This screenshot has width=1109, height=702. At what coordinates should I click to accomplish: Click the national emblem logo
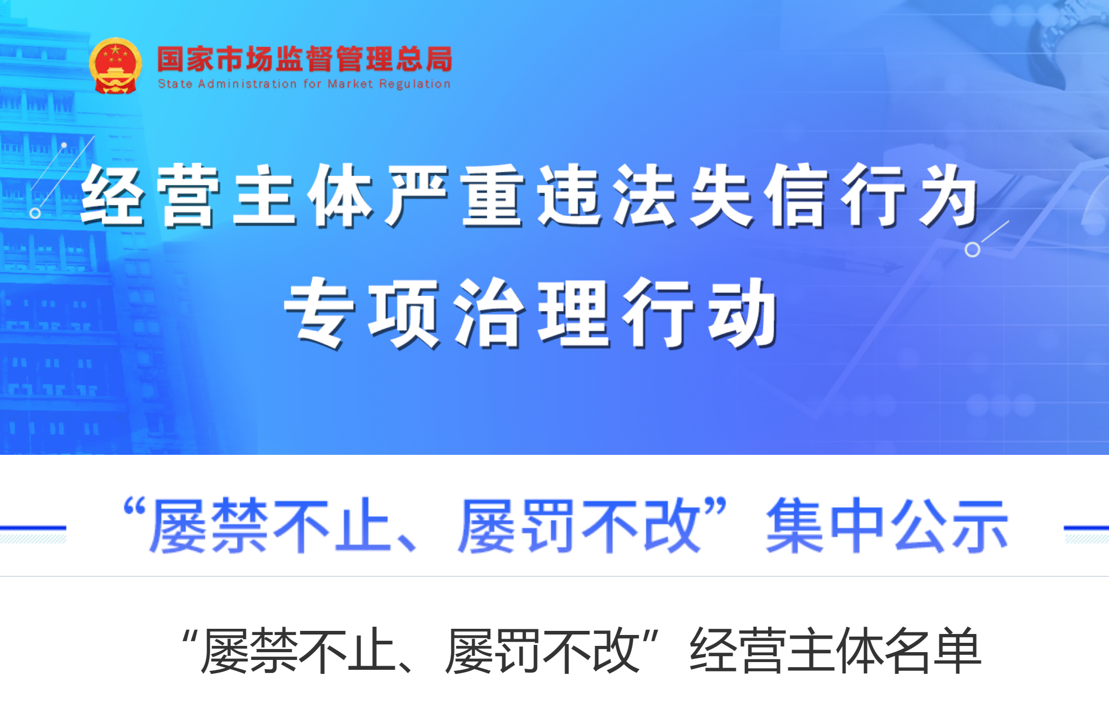click(115, 66)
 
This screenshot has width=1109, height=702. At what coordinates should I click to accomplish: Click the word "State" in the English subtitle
click(175, 84)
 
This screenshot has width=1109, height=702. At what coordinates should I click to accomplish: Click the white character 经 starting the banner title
click(113, 196)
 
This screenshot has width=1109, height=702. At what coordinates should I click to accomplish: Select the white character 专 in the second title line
click(319, 313)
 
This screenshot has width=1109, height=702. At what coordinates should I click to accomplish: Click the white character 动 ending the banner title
click(744, 313)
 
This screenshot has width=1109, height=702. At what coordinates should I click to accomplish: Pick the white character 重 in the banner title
click(493, 196)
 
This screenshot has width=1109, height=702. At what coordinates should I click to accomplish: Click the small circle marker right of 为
click(972, 250)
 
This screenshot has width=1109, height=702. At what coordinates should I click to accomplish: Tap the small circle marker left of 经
click(35, 213)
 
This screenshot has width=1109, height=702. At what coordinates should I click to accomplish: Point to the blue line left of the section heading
click(33, 528)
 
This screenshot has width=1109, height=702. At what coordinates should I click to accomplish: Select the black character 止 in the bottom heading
click(372, 651)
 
